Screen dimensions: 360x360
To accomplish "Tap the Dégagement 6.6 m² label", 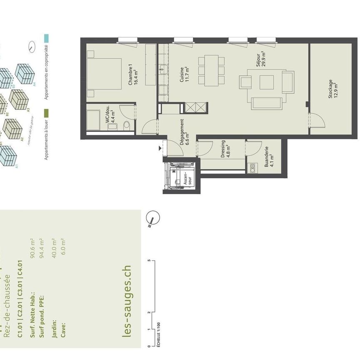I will point(184,132).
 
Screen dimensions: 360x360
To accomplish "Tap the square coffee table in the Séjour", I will point(267,82).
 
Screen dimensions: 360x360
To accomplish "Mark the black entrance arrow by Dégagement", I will point(160,147).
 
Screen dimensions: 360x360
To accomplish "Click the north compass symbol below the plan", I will point(153,218).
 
